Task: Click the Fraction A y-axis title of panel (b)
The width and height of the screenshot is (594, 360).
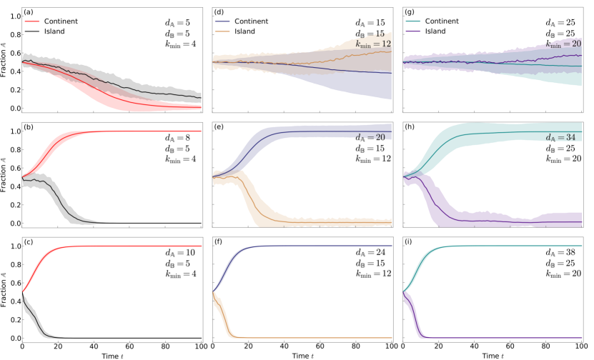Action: click(x=5, y=176)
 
